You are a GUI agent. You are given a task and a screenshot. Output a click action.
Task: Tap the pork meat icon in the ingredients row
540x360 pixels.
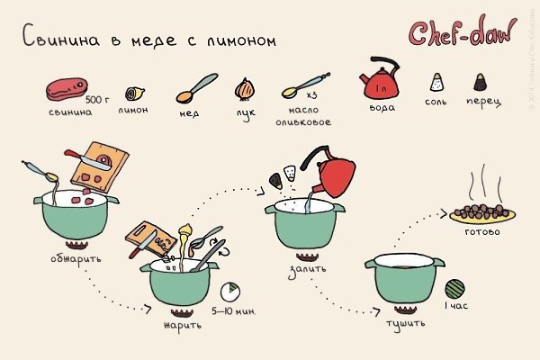64,91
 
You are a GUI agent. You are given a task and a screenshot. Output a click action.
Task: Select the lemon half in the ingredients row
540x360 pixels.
132,93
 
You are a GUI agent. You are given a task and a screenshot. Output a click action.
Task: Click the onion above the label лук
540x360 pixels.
243,89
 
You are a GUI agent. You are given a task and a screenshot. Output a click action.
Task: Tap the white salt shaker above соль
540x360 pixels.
436,83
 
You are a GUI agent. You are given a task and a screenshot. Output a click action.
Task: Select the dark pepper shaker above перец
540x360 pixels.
481,83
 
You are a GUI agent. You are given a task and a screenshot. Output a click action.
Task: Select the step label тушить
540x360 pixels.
399,321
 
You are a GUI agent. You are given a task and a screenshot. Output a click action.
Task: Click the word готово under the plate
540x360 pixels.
482,231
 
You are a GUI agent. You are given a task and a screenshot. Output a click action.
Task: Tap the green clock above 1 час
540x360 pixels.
455,288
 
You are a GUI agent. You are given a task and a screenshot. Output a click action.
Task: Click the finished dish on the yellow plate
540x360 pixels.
482,214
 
